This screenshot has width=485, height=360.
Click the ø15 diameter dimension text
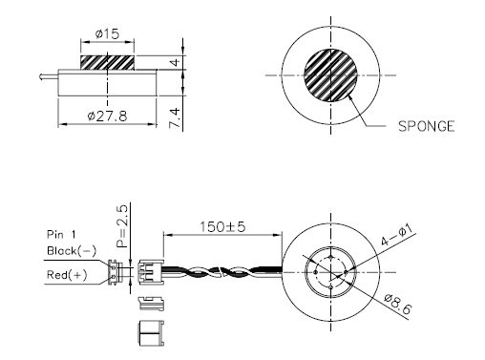pos(106,34)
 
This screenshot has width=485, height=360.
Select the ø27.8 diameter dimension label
pos(106,116)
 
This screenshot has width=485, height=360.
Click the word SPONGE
pos(425,125)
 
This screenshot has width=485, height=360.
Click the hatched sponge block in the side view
pos(106,62)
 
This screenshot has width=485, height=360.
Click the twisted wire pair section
pos(224,273)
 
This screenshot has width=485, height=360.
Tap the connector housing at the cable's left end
pos(150,272)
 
